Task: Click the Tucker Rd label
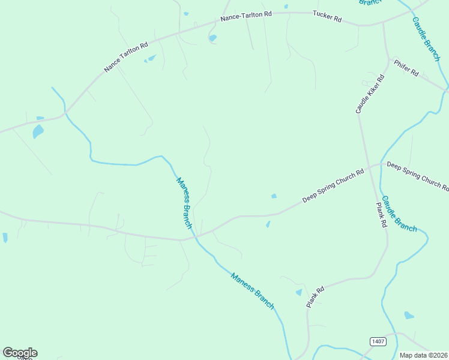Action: (327, 17)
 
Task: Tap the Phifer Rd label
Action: (406, 67)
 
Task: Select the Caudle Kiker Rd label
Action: (370, 94)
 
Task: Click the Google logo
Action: (20, 353)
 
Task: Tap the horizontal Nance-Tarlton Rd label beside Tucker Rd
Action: (246, 16)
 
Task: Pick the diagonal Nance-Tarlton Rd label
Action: (125, 58)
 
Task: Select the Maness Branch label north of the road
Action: (184, 202)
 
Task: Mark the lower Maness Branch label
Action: (253, 291)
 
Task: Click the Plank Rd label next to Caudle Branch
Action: (381, 215)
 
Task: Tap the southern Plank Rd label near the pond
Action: (315, 297)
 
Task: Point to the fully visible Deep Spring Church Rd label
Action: (334, 185)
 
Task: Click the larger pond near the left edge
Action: (38, 131)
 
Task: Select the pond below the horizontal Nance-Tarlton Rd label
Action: (212, 38)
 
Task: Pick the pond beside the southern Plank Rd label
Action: (299, 292)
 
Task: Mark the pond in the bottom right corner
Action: (409, 315)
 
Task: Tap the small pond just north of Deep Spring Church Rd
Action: (274, 196)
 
